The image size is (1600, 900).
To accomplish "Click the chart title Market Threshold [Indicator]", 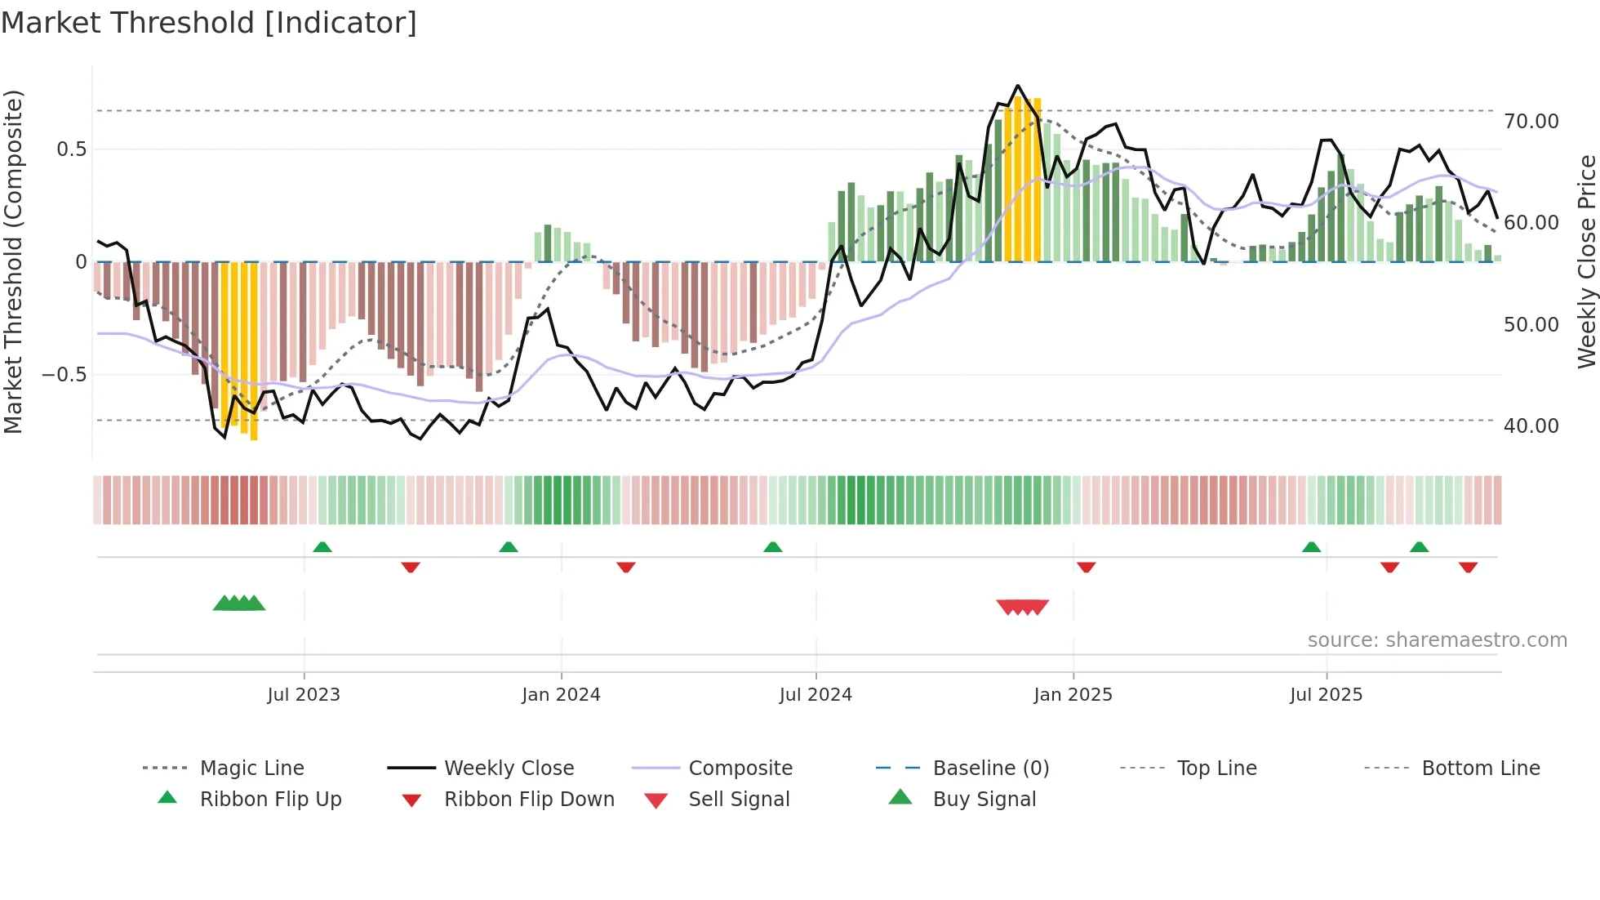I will (209, 23).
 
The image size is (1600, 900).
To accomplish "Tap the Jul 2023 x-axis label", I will (303, 695).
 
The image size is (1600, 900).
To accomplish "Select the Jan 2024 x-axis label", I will (561, 695).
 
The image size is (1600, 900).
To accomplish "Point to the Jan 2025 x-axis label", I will (1073, 695).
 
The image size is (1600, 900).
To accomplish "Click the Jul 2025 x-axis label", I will (1326, 695).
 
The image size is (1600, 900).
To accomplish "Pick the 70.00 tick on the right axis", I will (1531, 122).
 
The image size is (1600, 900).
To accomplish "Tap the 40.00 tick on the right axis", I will (1531, 426).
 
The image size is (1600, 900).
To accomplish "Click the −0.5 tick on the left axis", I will (64, 375).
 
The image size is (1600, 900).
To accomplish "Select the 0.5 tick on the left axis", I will (71, 149).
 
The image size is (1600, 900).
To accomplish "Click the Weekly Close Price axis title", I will (1586, 261).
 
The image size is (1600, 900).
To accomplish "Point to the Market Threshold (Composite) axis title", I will (13, 261).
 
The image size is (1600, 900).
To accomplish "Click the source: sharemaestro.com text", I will (1437, 640).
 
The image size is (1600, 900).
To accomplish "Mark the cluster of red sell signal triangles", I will (1022, 607).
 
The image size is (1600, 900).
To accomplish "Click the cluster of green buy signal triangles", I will (239, 604).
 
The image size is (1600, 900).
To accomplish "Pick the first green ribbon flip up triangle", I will (322, 546).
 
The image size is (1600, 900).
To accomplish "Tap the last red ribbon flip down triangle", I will (1468, 567).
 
